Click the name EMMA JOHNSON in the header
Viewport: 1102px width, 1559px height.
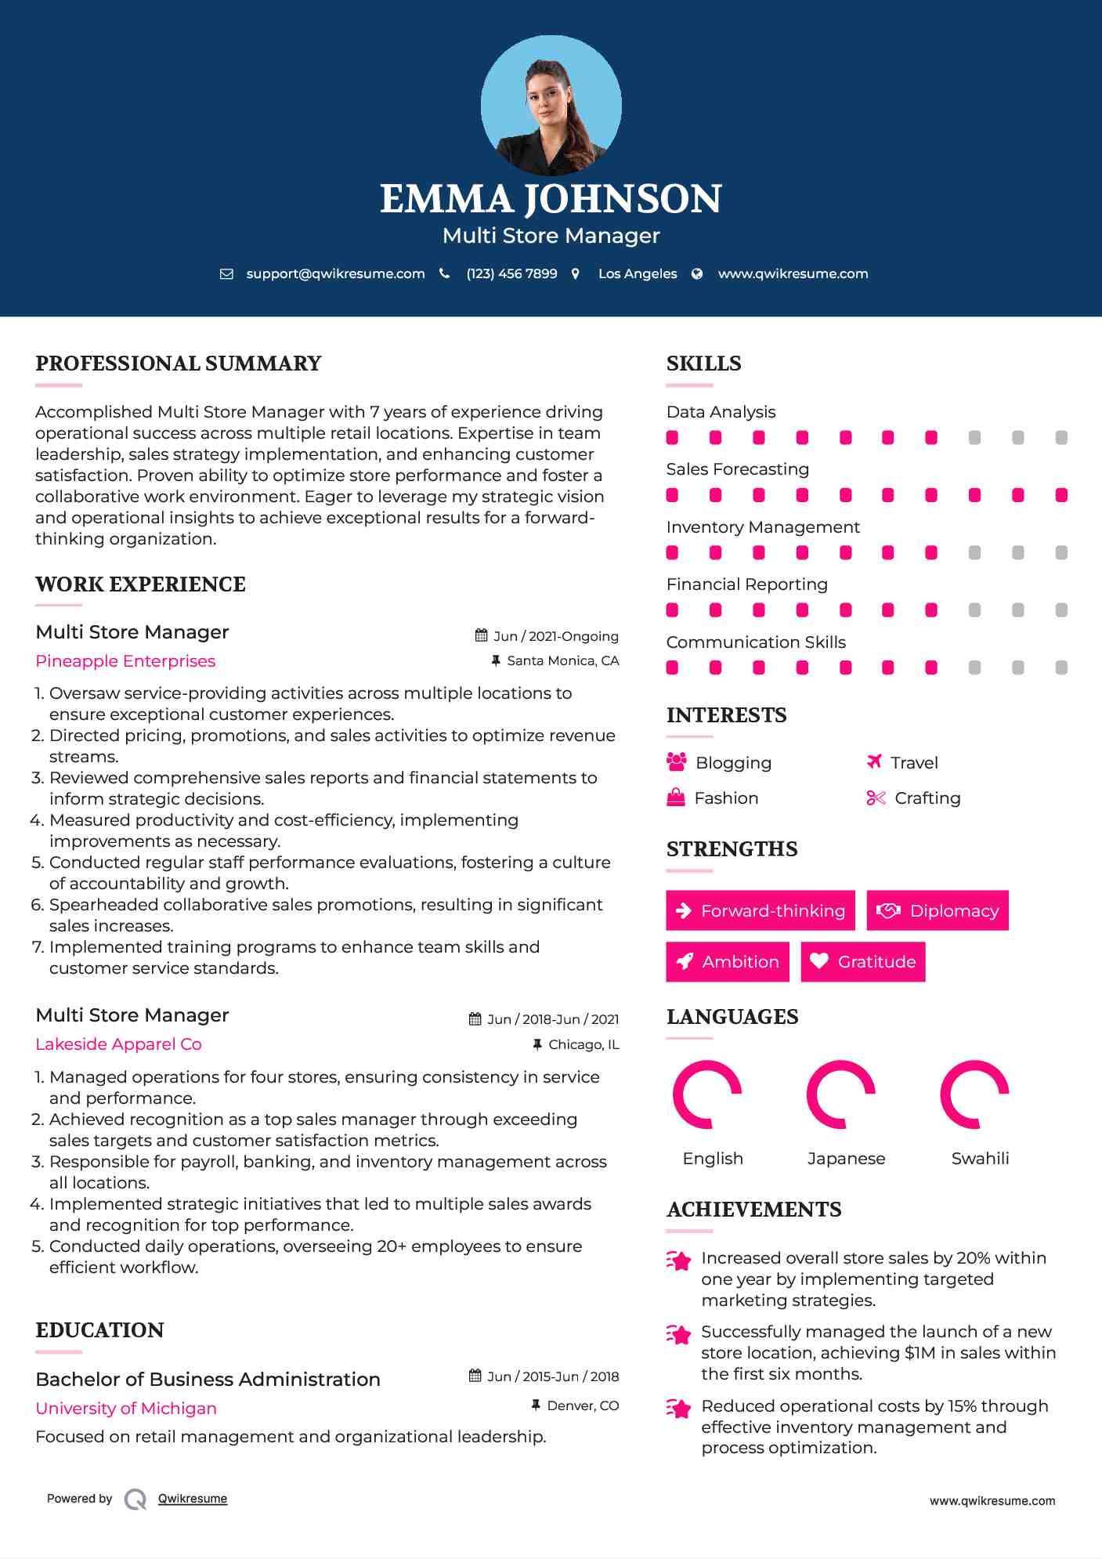click(x=551, y=199)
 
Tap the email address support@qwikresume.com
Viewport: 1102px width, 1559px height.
click(x=335, y=273)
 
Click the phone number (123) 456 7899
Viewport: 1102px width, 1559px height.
click(x=511, y=273)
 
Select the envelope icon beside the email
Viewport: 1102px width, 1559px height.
click(x=226, y=273)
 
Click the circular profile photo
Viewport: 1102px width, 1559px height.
click(x=551, y=105)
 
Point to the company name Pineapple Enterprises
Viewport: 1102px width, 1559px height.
click(x=125, y=661)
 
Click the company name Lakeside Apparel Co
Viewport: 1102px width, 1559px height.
click(x=118, y=1044)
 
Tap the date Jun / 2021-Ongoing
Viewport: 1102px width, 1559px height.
click(x=555, y=636)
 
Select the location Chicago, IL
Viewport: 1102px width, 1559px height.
click(x=583, y=1044)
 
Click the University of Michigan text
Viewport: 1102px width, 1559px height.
click(x=126, y=1409)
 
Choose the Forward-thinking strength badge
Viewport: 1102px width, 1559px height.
click(x=761, y=910)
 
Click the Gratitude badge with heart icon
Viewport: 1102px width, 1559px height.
click(x=863, y=961)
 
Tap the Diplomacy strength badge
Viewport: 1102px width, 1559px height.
click(x=938, y=910)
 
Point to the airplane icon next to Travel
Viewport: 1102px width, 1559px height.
click(x=875, y=761)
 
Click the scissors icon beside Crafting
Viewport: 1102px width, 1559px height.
click(x=876, y=798)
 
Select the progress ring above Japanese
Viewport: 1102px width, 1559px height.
click(x=840, y=1094)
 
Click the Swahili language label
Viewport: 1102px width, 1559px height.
click(x=980, y=1159)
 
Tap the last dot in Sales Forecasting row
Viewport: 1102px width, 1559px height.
click(x=1061, y=495)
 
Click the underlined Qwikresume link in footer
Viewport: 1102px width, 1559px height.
click(x=193, y=1499)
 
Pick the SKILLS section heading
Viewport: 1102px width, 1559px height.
click(x=703, y=364)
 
